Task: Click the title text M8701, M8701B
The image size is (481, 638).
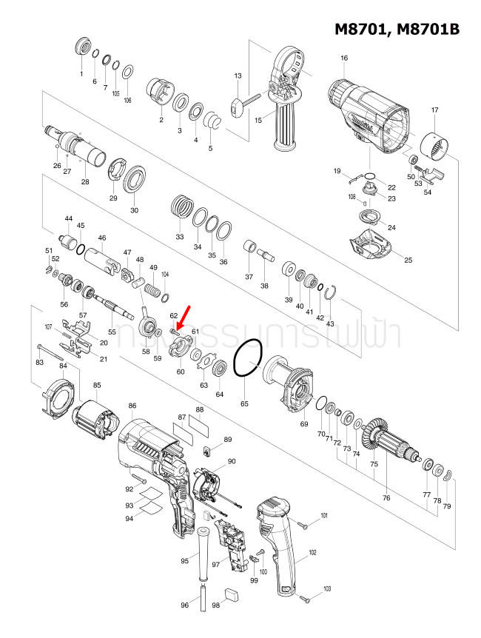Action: (x=397, y=29)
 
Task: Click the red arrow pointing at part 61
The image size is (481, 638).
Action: (x=183, y=314)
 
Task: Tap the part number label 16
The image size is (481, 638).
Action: (x=343, y=58)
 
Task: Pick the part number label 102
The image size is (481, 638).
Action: (x=312, y=552)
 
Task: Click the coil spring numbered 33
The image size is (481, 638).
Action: (x=181, y=204)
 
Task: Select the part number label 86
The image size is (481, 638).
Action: (x=132, y=406)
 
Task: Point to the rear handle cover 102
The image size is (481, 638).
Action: (x=280, y=548)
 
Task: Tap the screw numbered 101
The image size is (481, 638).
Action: (x=304, y=524)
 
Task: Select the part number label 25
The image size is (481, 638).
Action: (x=408, y=260)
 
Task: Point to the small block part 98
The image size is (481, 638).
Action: (x=231, y=592)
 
